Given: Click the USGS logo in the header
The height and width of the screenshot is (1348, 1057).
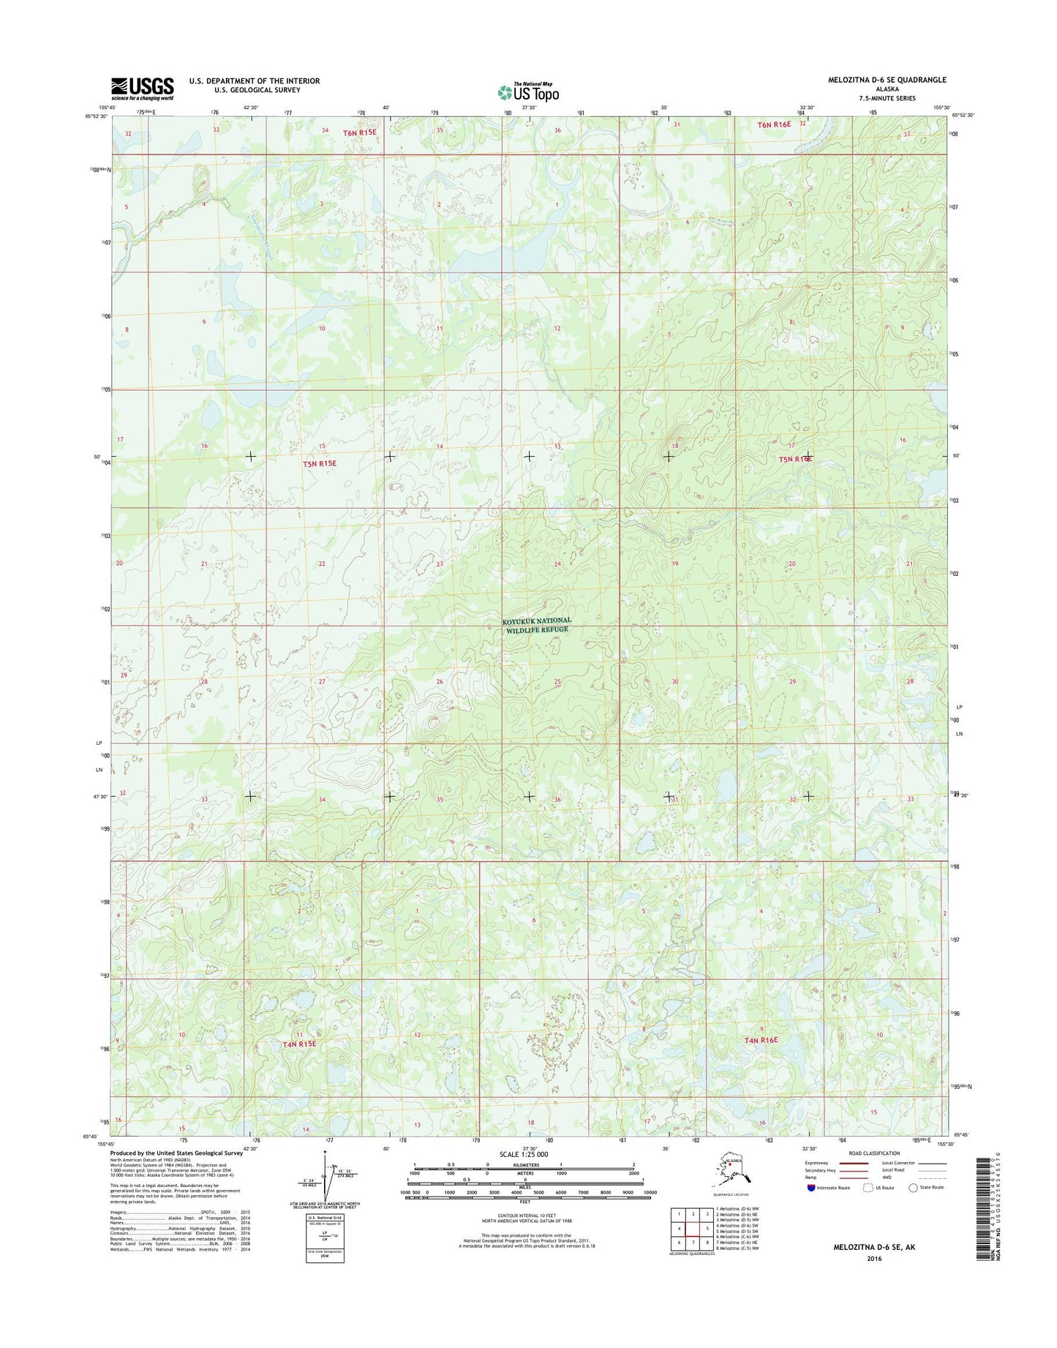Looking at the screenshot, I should tap(143, 88).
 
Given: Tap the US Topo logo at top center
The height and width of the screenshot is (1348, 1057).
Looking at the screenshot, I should tap(528, 91).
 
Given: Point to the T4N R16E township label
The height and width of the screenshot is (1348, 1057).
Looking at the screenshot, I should tap(761, 1040).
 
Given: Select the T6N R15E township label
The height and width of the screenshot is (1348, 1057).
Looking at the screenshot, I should tap(360, 132).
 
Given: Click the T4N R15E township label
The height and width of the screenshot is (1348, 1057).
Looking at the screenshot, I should tap(298, 1044).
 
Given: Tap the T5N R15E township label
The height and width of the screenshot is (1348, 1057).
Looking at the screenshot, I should tap(320, 463).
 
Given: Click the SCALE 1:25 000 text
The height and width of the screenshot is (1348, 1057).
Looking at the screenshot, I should tap(524, 1154).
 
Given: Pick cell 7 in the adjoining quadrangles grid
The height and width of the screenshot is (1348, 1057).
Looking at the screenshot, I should tap(693, 1243).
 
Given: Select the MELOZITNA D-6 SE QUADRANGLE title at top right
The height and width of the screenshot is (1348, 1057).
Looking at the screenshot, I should tap(887, 80).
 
